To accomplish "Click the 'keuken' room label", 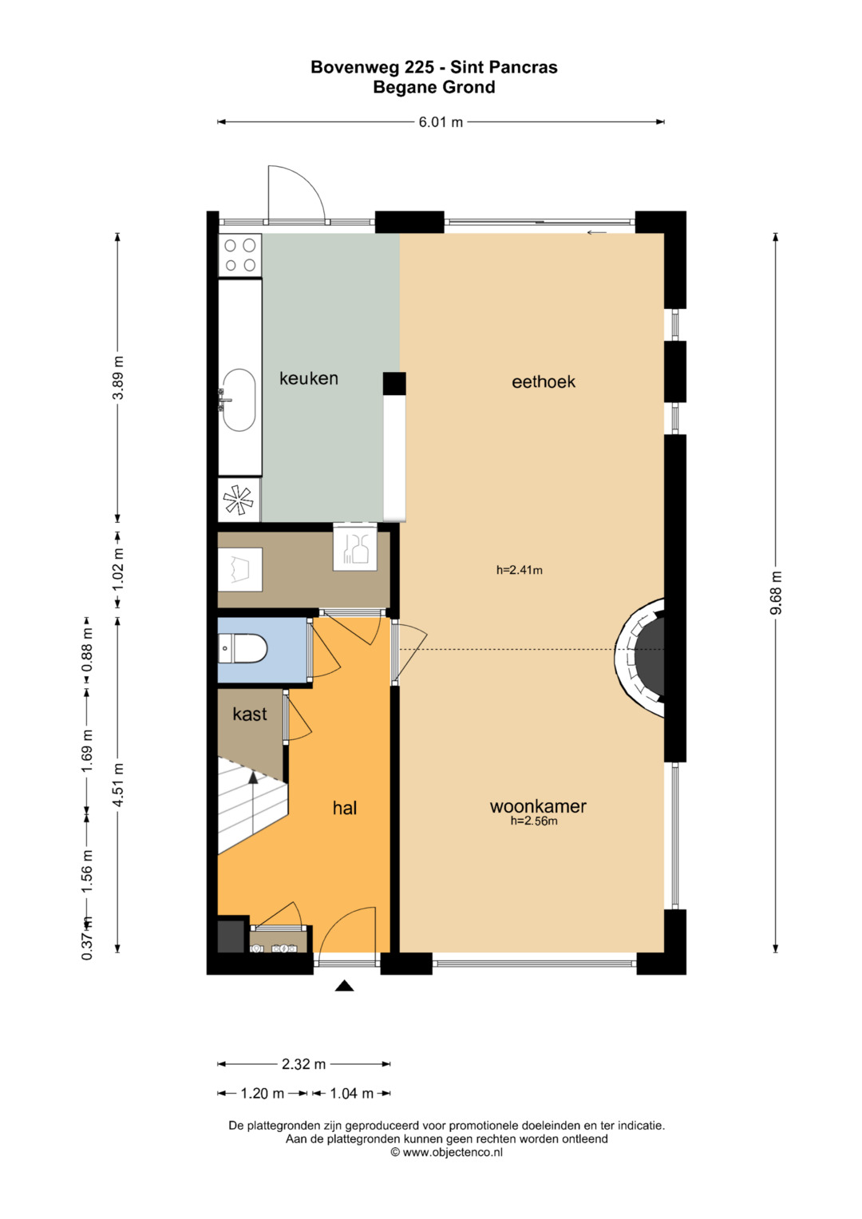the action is [x=309, y=378].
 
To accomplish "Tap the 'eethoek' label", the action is [x=543, y=382].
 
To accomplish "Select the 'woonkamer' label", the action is [x=538, y=806].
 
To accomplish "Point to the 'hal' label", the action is [x=345, y=808].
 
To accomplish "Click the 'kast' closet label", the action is [x=250, y=714].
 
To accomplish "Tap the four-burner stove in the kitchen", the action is [x=240, y=255].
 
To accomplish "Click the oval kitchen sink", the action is [x=239, y=400].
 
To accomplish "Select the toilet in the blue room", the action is [x=243, y=648].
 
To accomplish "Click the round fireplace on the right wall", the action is [x=640, y=657].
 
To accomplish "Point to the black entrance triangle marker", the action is [x=344, y=985].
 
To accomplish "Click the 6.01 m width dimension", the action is [x=441, y=122].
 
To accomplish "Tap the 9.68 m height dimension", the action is [x=776, y=592].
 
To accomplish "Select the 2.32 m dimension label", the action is [x=303, y=1063].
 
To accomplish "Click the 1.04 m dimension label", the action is [x=351, y=1093].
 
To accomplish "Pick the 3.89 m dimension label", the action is [x=117, y=378].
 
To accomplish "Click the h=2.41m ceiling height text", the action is [x=519, y=570].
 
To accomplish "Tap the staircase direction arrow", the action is [x=253, y=801].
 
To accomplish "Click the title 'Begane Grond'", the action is [x=433, y=87].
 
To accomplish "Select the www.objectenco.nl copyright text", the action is [x=446, y=1151].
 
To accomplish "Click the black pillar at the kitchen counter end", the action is [x=394, y=383].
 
